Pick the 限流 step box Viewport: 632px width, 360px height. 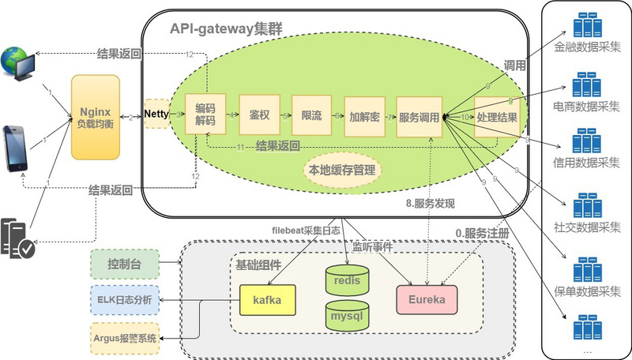click(x=311, y=116)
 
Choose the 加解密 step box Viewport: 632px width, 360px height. click(x=364, y=116)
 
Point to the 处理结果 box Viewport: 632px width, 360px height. click(x=497, y=116)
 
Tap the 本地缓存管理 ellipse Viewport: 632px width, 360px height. click(x=344, y=170)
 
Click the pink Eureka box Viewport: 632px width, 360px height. click(x=427, y=301)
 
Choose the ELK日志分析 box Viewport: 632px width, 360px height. click(x=125, y=300)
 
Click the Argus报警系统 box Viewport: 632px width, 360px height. click(x=125, y=337)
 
